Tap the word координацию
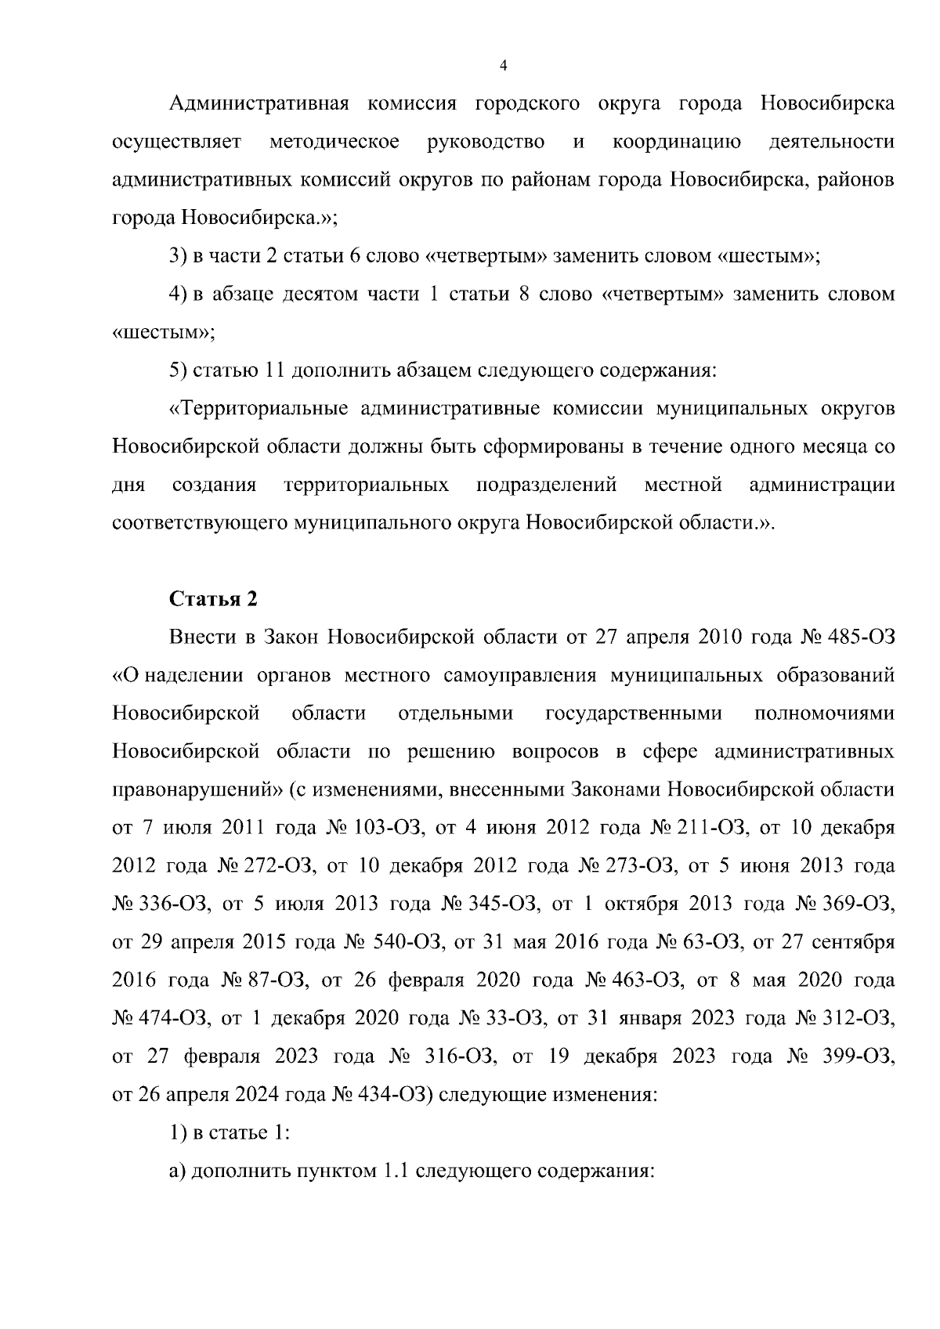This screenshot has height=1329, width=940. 677,142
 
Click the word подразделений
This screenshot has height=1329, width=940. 547,485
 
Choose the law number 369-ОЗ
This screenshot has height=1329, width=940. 862,904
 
